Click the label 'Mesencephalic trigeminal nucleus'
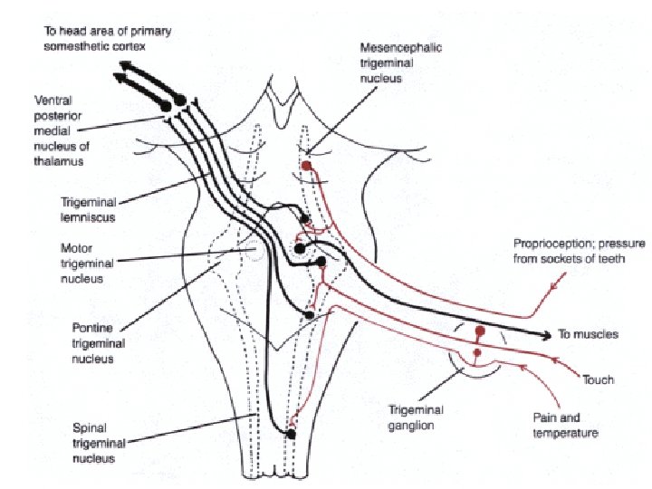[401, 63]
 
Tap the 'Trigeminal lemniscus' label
[89, 210]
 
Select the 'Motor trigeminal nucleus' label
[87, 264]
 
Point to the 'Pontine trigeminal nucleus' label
[99, 343]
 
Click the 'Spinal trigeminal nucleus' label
[99, 443]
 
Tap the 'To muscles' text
[588, 334]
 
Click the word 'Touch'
[598, 379]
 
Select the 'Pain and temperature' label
[565, 426]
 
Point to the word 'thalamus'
[59, 161]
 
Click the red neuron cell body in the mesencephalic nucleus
[306, 166]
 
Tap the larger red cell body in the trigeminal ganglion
[480, 331]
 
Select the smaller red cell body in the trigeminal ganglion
[477, 353]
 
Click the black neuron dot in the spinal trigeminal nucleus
[291, 435]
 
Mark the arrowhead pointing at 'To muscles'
[546, 335]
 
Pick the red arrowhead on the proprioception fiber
[555, 285]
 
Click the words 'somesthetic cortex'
[94, 46]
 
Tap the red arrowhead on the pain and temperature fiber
[522, 367]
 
